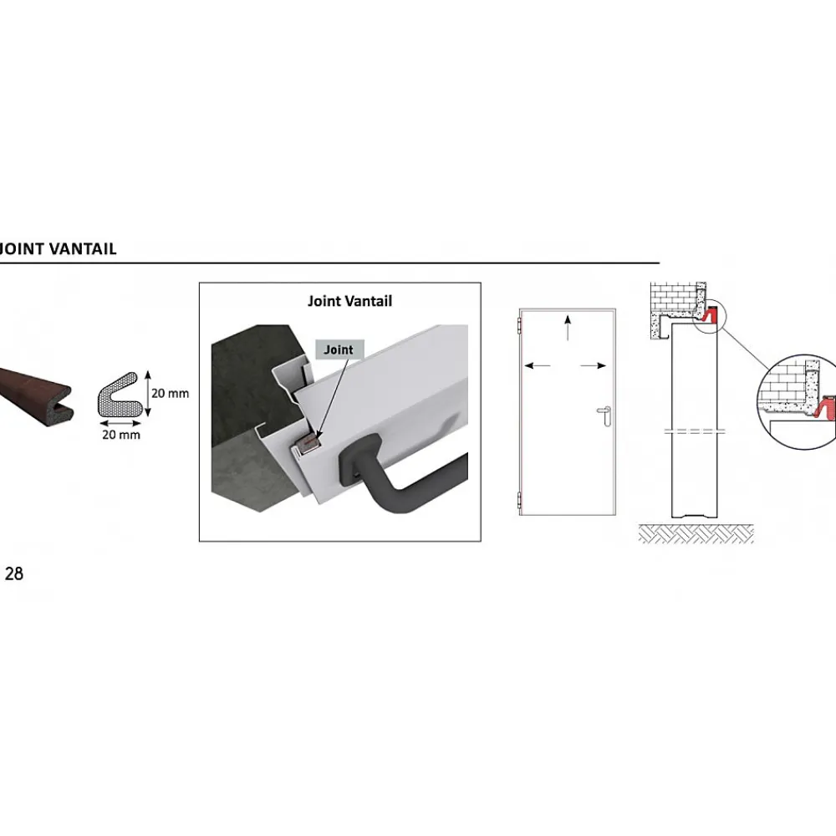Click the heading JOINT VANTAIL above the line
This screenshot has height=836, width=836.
point(58,249)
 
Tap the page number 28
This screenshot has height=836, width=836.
point(14,573)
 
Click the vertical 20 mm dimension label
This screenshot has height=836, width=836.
point(170,394)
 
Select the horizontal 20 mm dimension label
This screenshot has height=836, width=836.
point(121,435)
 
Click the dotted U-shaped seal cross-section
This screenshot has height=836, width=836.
point(117,395)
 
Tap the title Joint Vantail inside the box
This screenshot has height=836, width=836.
point(349,301)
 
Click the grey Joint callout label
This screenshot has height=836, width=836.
point(339,349)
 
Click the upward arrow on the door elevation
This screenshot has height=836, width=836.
point(568,328)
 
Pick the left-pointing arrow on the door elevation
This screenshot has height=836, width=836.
point(538,366)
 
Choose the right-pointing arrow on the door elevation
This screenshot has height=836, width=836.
point(594,366)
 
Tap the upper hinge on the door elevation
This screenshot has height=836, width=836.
point(519,326)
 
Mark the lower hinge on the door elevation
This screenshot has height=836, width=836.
point(519,501)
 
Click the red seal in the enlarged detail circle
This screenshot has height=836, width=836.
point(825,408)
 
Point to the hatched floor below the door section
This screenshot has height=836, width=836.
point(696,533)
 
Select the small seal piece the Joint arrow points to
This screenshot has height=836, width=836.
point(308,444)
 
